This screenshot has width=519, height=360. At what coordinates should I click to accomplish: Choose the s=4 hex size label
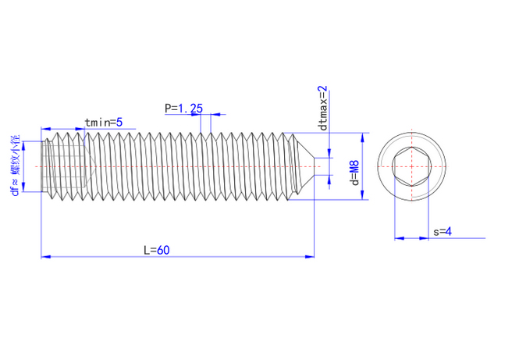[x=442, y=232]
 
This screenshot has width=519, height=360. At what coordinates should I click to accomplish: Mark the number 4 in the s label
[x=449, y=232]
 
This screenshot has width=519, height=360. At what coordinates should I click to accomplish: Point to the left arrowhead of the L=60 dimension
[x=44, y=255]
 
